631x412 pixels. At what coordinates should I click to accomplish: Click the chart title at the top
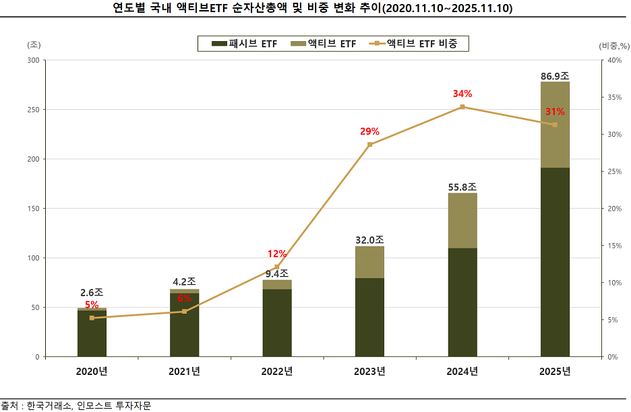(x=315, y=8)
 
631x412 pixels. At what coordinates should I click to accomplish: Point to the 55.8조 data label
(x=462, y=186)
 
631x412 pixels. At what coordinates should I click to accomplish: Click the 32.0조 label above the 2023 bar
(x=369, y=240)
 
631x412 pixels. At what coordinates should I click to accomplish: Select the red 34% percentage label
(x=462, y=94)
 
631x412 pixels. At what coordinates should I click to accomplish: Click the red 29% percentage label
(x=369, y=131)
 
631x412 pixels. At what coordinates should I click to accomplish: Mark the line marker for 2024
(x=462, y=107)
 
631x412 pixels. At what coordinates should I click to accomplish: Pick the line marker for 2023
(x=369, y=145)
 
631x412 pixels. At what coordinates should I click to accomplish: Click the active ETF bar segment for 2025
(x=555, y=125)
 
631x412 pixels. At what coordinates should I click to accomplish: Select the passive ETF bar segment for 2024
(x=462, y=302)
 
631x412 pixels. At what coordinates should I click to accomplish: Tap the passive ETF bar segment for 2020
(x=92, y=334)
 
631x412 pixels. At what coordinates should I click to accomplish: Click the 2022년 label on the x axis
(x=277, y=371)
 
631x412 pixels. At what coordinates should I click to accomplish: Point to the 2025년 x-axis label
(x=555, y=371)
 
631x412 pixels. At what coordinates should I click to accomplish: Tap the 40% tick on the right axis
(x=614, y=60)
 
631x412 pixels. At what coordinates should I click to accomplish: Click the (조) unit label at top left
(x=34, y=44)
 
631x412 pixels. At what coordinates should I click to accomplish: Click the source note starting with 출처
(x=76, y=405)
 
